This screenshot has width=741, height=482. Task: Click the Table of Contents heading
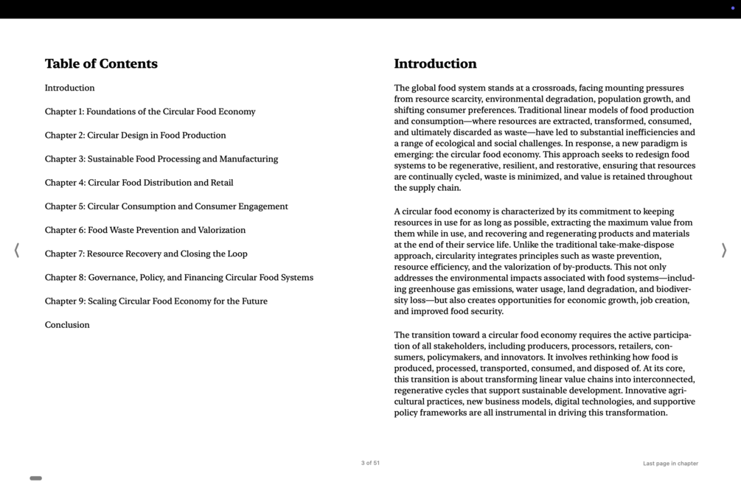[101, 64]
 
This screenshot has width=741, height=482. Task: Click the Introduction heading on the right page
[435, 64]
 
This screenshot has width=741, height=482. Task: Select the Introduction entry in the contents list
[69, 88]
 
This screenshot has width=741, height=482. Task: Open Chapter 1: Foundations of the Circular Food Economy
[150, 112]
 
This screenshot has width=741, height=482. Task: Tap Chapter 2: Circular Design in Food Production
[135, 136]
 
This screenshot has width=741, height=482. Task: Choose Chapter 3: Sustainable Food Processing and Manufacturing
[161, 159]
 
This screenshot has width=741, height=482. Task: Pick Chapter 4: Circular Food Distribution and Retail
[139, 183]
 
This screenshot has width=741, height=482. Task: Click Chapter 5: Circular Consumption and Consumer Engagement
[166, 206]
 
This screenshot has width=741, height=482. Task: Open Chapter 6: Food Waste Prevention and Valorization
[145, 230]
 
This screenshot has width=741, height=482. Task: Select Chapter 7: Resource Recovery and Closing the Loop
[146, 254]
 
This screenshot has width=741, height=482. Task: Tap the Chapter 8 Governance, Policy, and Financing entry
[178, 278]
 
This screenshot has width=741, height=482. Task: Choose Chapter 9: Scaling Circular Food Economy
[156, 301]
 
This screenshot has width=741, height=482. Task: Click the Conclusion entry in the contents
[67, 325]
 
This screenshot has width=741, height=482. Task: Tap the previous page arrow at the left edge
[16, 251]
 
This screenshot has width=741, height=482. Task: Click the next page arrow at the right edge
[724, 251]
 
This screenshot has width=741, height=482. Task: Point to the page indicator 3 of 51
[370, 464]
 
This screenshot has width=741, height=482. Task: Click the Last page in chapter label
[670, 464]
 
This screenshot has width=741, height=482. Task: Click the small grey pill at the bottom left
[35, 478]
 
